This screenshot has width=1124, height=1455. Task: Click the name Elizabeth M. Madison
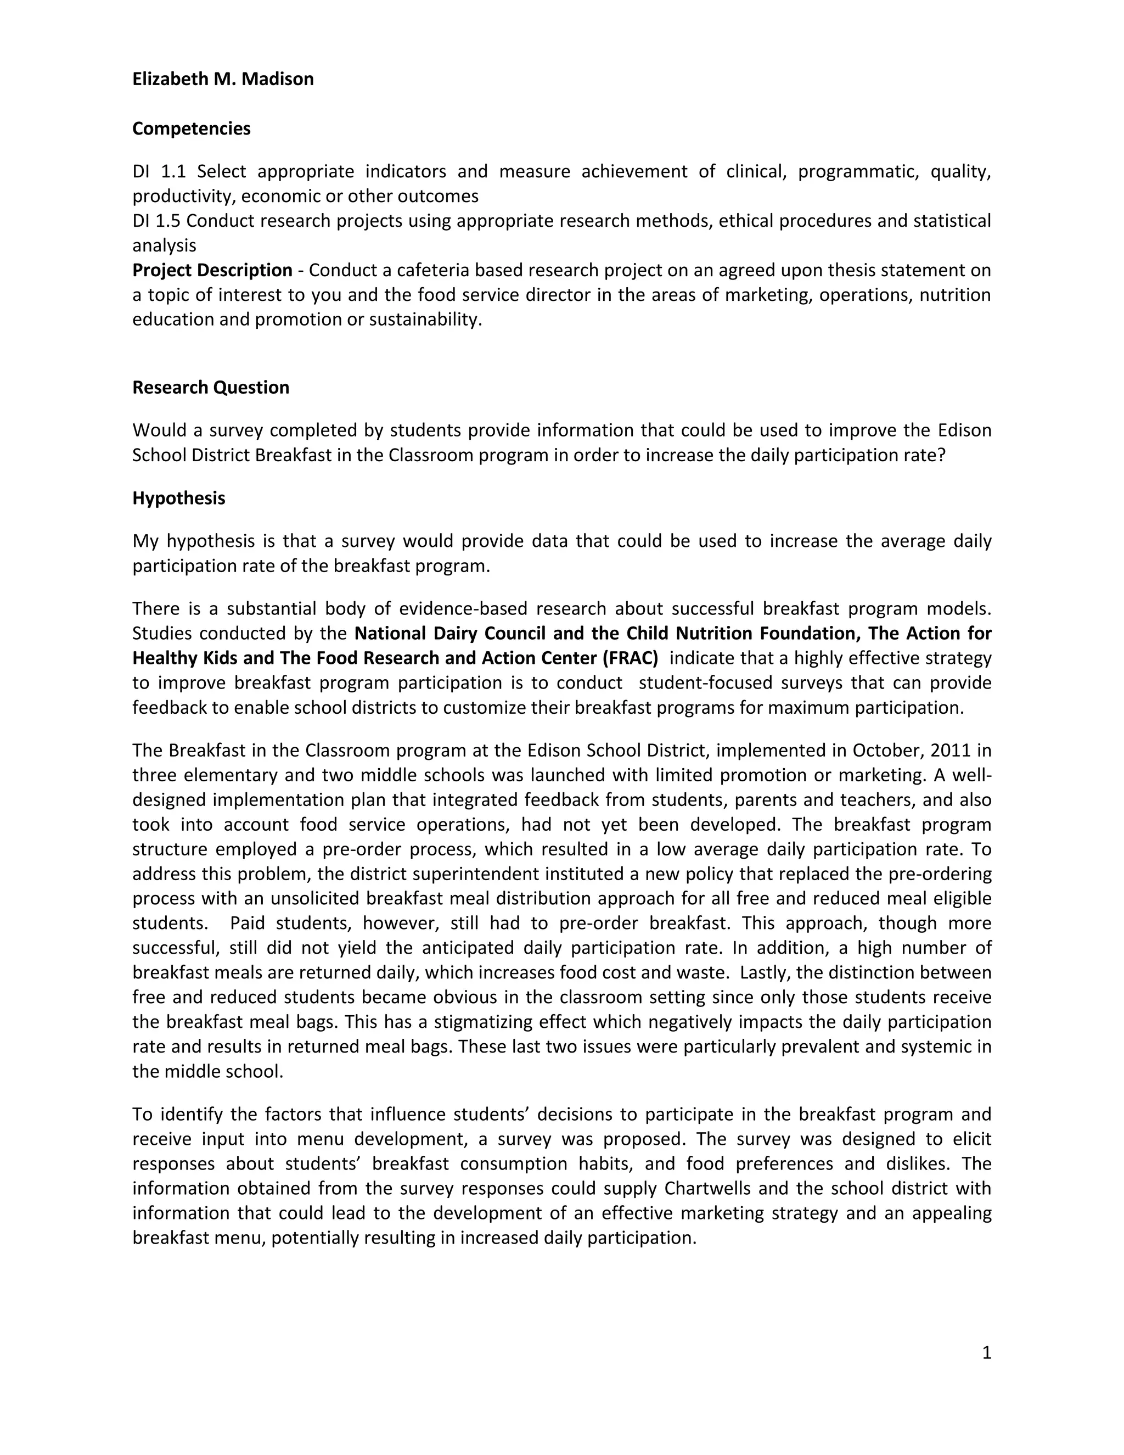[222, 79]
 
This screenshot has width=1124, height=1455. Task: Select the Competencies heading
[191, 128]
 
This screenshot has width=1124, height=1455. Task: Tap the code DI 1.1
[159, 172]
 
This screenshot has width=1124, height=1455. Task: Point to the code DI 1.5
[156, 221]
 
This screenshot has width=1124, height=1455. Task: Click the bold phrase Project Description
[212, 271]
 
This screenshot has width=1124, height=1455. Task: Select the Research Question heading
[210, 388]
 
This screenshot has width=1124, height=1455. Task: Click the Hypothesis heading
[178, 499]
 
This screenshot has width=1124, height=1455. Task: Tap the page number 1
[986, 1352]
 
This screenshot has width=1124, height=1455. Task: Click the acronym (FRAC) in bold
[630, 658]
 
